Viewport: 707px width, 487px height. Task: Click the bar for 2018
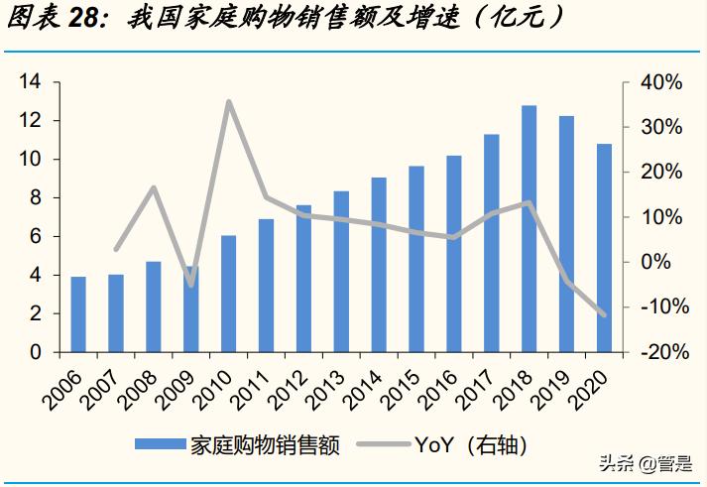tap(530, 229)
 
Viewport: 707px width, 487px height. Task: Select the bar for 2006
tap(78, 314)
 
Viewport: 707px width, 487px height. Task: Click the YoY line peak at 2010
tap(229, 101)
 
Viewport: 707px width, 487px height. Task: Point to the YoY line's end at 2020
tap(604, 314)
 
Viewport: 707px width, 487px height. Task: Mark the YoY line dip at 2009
tap(191, 285)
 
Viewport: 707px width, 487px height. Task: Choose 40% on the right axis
tap(661, 82)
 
